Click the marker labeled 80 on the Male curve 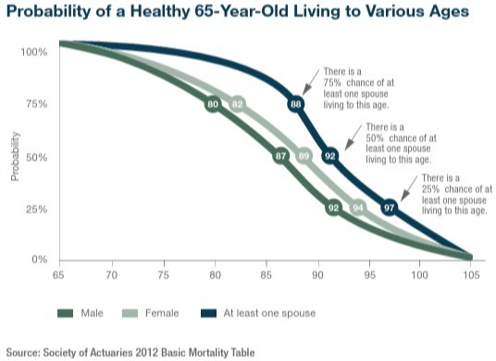click(213, 104)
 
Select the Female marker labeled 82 click(238, 104)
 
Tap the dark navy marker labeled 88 click(296, 104)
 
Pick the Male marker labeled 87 click(281, 156)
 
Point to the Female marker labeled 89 click(304, 156)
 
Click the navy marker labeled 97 click(389, 208)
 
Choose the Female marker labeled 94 click(358, 208)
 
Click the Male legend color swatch click(65, 313)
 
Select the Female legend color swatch click(130, 313)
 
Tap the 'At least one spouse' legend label click(269, 313)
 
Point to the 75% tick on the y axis click(36, 104)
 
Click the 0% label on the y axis click(40, 259)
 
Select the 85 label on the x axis click(267, 275)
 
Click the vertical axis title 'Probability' click(15, 156)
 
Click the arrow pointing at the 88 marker click(311, 82)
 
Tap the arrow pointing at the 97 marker click(409, 189)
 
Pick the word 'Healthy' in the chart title click(160, 12)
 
